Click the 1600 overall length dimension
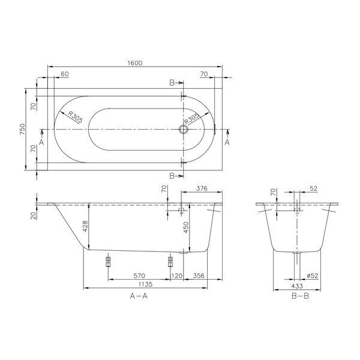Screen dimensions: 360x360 click(x=135, y=62)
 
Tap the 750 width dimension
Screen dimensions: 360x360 click(x=22, y=130)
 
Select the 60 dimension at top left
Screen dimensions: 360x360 click(x=65, y=74)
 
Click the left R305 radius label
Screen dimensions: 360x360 click(x=75, y=118)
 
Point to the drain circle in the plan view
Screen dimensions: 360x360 click(x=184, y=130)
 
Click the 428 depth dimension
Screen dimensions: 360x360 click(x=85, y=226)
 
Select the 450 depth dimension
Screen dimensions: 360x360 click(x=186, y=227)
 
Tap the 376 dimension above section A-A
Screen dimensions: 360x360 click(x=202, y=188)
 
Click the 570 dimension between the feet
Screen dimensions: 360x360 click(x=139, y=275)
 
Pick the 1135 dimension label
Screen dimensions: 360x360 click(x=145, y=284)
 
